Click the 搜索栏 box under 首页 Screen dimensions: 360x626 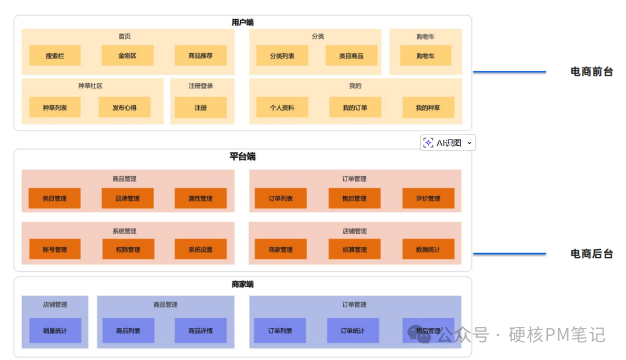[x=55, y=56]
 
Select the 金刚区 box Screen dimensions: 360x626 [x=128, y=56]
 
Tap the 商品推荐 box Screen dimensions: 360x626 [x=201, y=56]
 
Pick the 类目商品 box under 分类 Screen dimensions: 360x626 [x=351, y=56]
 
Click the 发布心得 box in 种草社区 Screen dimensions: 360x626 [x=125, y=107]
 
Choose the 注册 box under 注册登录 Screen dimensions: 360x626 [x=201, y=107]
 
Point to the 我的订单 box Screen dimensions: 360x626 [x=355, y=107]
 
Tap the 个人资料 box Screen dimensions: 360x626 [x=282, y=107]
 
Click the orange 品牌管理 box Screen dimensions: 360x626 [x=128, y=198]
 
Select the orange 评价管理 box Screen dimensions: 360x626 [x=428, y=198]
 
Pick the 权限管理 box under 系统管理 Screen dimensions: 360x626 [x=128, y=249]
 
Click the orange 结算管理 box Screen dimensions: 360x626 [x=355, y=249]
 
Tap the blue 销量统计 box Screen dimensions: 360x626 [x=55, y=330]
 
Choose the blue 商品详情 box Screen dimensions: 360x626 [x=201, y=330]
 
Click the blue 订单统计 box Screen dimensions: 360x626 [x=353, y=330]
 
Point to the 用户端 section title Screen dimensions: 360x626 [x=242, y=23]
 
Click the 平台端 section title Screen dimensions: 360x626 [x=242, y=157]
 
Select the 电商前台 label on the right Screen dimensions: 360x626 [x=591, y=72]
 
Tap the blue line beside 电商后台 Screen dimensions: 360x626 [x=509, y=253]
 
